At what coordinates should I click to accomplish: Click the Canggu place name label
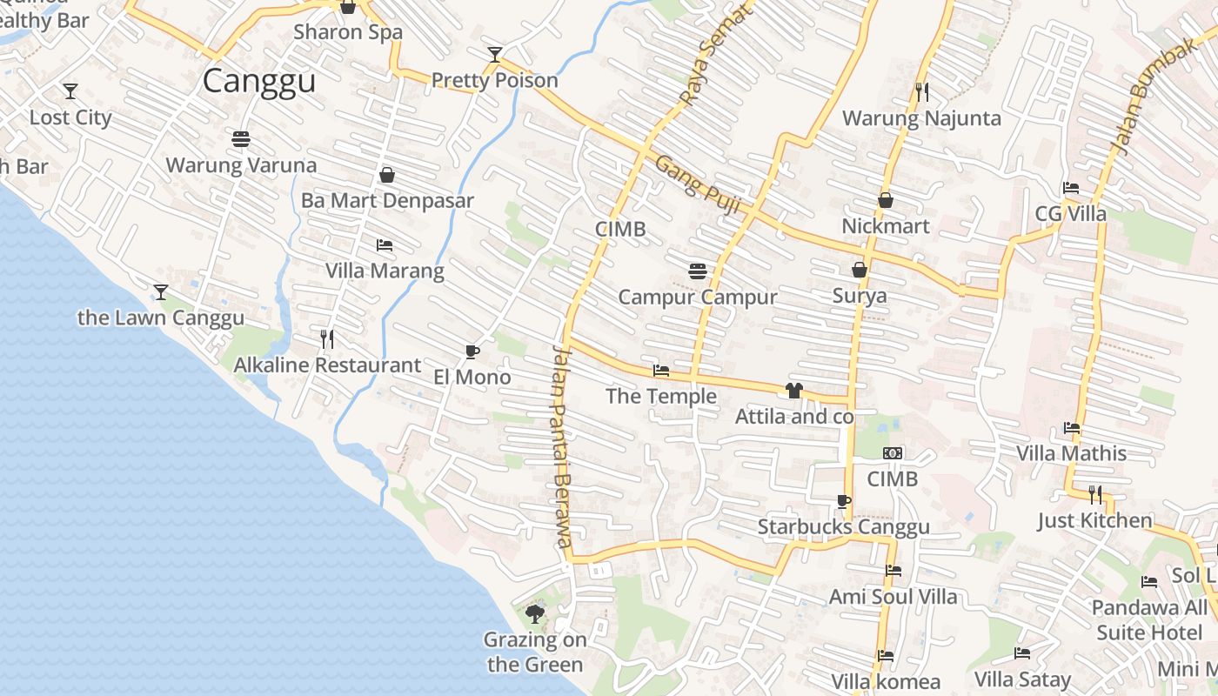pyautogui.click(x=258, y=81)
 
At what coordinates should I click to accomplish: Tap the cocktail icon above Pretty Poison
pyautogui.click(x=494, y=55)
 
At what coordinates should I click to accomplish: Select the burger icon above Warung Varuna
pyautogui.click(x=241, y=139)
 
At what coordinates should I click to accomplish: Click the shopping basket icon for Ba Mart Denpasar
pyautogui.click(x=387, y=175)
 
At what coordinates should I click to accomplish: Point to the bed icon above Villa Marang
pyautogui.click(x=384, y=245)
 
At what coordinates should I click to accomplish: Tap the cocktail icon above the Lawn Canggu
pyautogui.click(x=160, y=291)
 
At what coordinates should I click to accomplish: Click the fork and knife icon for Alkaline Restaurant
pyautogui.click(x=327, y=338)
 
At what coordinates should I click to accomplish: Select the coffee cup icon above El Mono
pyautogui.click(x=472, y=351)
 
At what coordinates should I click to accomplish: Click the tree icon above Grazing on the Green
pyautogui.click(x=534, y=614)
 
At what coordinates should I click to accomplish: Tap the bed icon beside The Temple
pyautogui.click(x=661, y=371)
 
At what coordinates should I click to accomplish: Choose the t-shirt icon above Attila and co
pyautogui.click(x=794, y=391)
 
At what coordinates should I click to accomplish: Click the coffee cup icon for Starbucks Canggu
pyautogui.click(x=843, y=500)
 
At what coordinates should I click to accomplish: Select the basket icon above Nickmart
pyautogui.click(x=886, y=200)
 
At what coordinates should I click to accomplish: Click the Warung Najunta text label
pyautogui.click(x=921, y=118)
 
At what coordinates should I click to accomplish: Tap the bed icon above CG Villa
pyautogui.click(x=1071, y=188)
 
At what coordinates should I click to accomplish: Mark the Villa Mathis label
pyautogui.click(x=1071, y=453)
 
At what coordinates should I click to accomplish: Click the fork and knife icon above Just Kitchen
pyautogui.click(x=1094, y=495)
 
